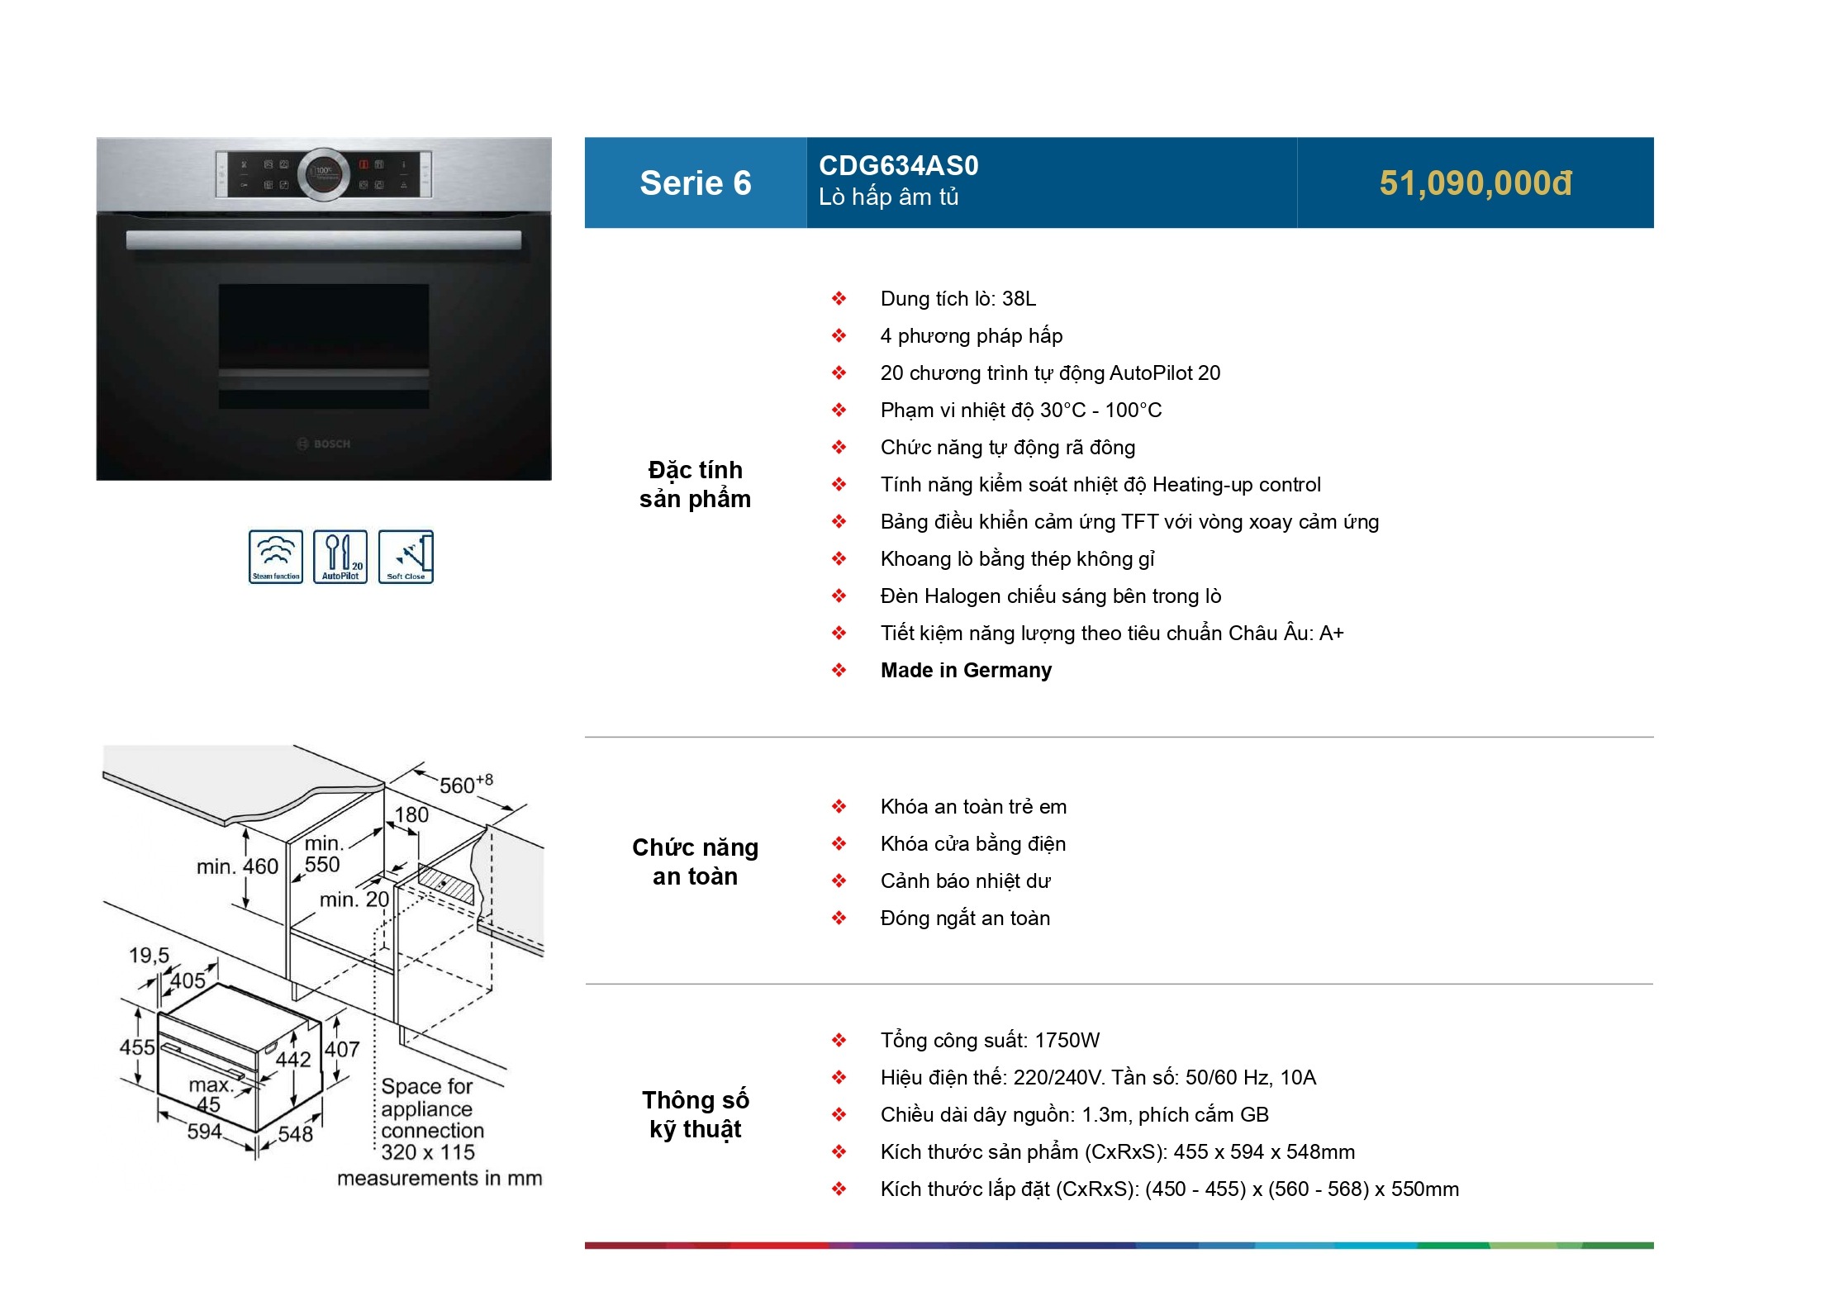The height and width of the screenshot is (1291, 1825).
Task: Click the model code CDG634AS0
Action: pos(898,166)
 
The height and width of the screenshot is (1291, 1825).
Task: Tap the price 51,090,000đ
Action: pos(1476,183)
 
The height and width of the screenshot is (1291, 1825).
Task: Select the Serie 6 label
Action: pos(696,183)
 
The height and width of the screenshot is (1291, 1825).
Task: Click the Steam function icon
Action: pos(276,557)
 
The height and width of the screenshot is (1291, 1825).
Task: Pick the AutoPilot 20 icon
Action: pos(340,557)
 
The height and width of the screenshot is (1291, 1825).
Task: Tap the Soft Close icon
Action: pos(406,557)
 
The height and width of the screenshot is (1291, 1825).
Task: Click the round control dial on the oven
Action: pos(324,174)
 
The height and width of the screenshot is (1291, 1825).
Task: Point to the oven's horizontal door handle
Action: pos(324,240)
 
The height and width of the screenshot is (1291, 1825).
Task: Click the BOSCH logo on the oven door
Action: pos(324,444)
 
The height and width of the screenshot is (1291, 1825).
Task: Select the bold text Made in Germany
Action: pos(966,671)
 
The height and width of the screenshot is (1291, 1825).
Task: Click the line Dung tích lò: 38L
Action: pos(958,299)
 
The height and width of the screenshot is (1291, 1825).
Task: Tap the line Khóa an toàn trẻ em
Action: pos(973,807)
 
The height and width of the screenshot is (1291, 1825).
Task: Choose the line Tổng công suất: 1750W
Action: pos(990,1041)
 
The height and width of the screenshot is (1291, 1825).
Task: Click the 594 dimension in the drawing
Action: pos(204,1132)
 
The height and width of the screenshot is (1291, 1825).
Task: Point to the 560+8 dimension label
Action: pos(466,783)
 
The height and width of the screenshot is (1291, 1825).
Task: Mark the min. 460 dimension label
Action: pos(237,866)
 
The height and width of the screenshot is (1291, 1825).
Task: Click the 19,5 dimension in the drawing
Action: pos(149,956)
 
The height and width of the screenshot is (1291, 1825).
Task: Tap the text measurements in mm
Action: pos(440,1179)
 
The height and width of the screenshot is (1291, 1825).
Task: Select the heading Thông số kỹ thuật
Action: pos(696,1114)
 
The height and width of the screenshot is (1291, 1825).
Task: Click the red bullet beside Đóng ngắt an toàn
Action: pos(839,918)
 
